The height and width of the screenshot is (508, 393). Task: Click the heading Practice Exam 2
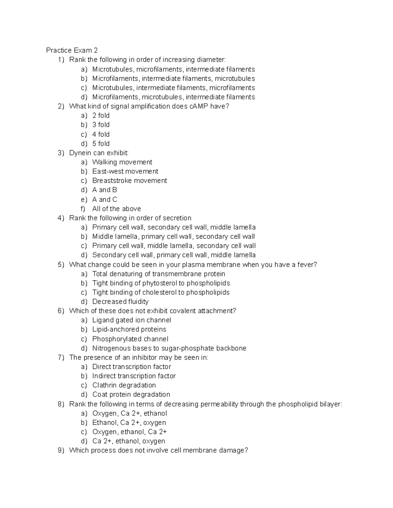pyautogui.click(x=72, y=50)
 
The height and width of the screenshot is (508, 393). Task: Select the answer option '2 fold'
pyautogui.click(x=101, y=115)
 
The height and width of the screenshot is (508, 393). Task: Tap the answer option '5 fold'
pyautogui.click(x=101, y=144)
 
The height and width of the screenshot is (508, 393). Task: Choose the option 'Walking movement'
pyautogui.click(x=122, y=162)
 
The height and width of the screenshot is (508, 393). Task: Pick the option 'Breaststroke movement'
pyautogui.click(x=129, y=181)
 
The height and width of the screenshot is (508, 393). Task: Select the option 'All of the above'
pyautogui.click(x=117, y=209)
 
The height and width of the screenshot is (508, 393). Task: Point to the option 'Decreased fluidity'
pyautogui.click(x=120, y=302)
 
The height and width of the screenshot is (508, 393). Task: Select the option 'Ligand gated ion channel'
pyautogui.click(x=132, y=320)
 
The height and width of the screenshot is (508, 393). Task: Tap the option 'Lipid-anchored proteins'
pyautogui.click(x=129, y=329)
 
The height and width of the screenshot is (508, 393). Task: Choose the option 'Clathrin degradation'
pyautogui.click(x=124, y=385)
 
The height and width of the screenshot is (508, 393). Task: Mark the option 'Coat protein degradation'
pyautogui.click(x=131, y=394)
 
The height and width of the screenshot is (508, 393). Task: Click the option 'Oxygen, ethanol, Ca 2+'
pyautogui.click(x=129, y=432)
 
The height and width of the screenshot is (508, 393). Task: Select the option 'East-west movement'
pyautogui.click(x=125, y=171)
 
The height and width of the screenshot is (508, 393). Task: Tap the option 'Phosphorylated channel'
pyautogui.click(x=130, y=339)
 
